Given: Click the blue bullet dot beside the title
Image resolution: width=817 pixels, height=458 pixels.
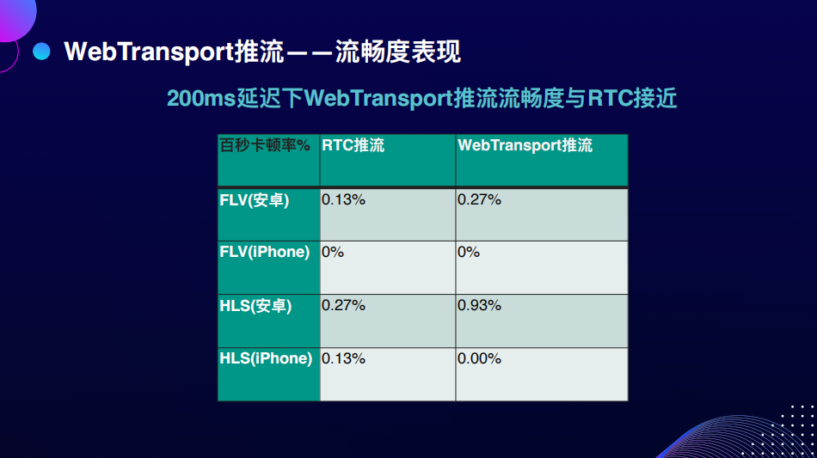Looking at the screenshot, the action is [41, 51].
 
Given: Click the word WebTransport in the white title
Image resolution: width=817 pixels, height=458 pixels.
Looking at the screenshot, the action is [149, 52].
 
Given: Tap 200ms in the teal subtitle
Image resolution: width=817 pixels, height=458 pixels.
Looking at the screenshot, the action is [201, 98].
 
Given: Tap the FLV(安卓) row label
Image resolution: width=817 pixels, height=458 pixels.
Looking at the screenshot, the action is [255, 200].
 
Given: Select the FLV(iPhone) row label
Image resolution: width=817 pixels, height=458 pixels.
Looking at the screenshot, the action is [264, 252].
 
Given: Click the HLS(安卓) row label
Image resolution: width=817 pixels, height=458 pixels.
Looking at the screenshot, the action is [255, 306].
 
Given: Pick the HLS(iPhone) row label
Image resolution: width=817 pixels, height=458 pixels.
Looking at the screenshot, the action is [266, 358].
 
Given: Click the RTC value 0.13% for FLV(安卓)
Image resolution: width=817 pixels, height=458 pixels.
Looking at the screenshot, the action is [343, 199].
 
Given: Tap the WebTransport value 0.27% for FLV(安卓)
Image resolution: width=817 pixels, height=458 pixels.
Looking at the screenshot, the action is [479, 199].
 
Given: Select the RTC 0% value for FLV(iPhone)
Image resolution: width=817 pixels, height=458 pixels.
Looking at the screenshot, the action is [333, 252].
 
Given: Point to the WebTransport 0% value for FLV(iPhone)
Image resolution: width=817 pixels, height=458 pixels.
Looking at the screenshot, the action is [469, 252].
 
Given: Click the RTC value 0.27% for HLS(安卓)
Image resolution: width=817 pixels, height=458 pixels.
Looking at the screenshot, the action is [343, 305].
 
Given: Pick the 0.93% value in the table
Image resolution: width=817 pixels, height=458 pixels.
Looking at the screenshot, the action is [479, 305].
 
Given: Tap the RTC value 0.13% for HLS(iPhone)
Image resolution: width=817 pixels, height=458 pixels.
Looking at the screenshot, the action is [343, 358].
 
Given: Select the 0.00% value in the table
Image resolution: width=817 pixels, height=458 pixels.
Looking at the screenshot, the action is [479, 358].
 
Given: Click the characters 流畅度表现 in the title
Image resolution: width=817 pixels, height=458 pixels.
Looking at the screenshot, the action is [397, 52].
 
